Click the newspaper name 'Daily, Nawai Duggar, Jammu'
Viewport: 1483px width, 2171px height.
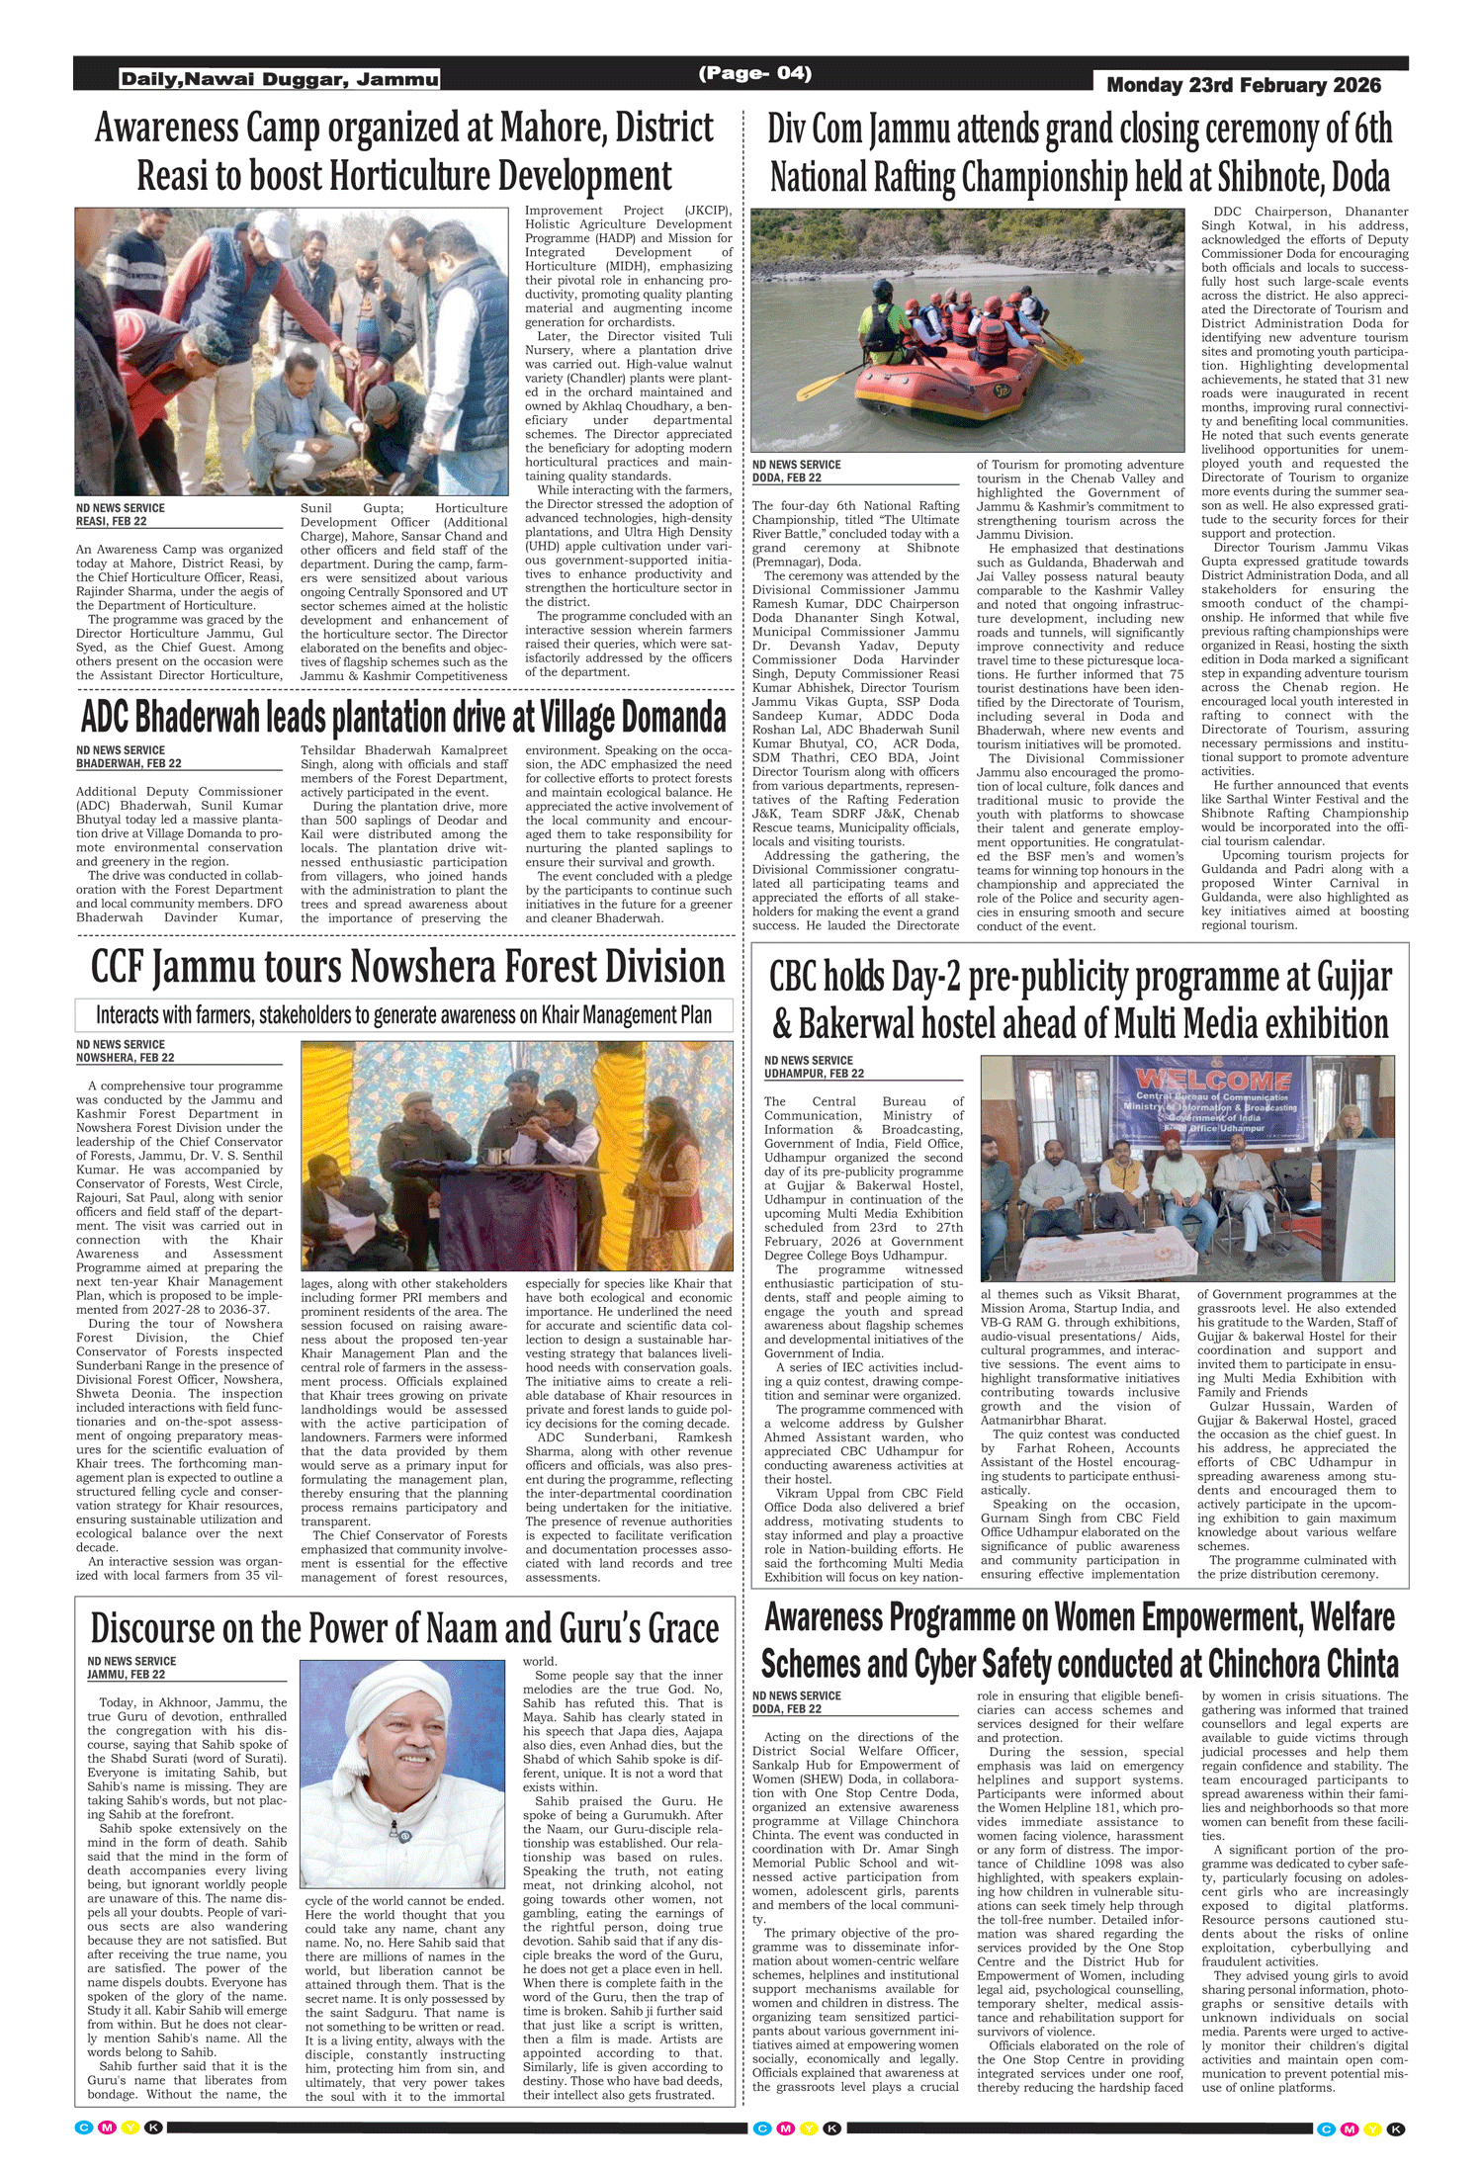click(x=280, y=79)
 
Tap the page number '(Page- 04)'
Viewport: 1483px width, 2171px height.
click(x=755, y=73)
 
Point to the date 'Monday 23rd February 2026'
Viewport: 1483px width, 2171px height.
click(x=1244, y=85)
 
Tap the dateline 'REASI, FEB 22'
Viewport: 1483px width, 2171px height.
click(x=112, y=521)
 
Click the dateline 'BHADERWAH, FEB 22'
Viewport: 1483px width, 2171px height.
click(x=129, y=763)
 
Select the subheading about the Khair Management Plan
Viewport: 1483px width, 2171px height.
click(x=403, y=1015)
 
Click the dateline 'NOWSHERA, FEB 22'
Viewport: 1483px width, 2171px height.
click(x=126, y=1058)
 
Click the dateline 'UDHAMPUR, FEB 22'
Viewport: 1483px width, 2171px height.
click(x=814, y=1074)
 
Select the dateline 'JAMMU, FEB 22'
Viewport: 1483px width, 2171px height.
click(x=127, y=1675)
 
